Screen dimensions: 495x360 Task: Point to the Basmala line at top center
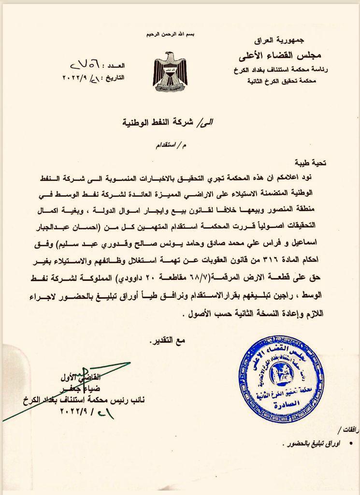(171, 35)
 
